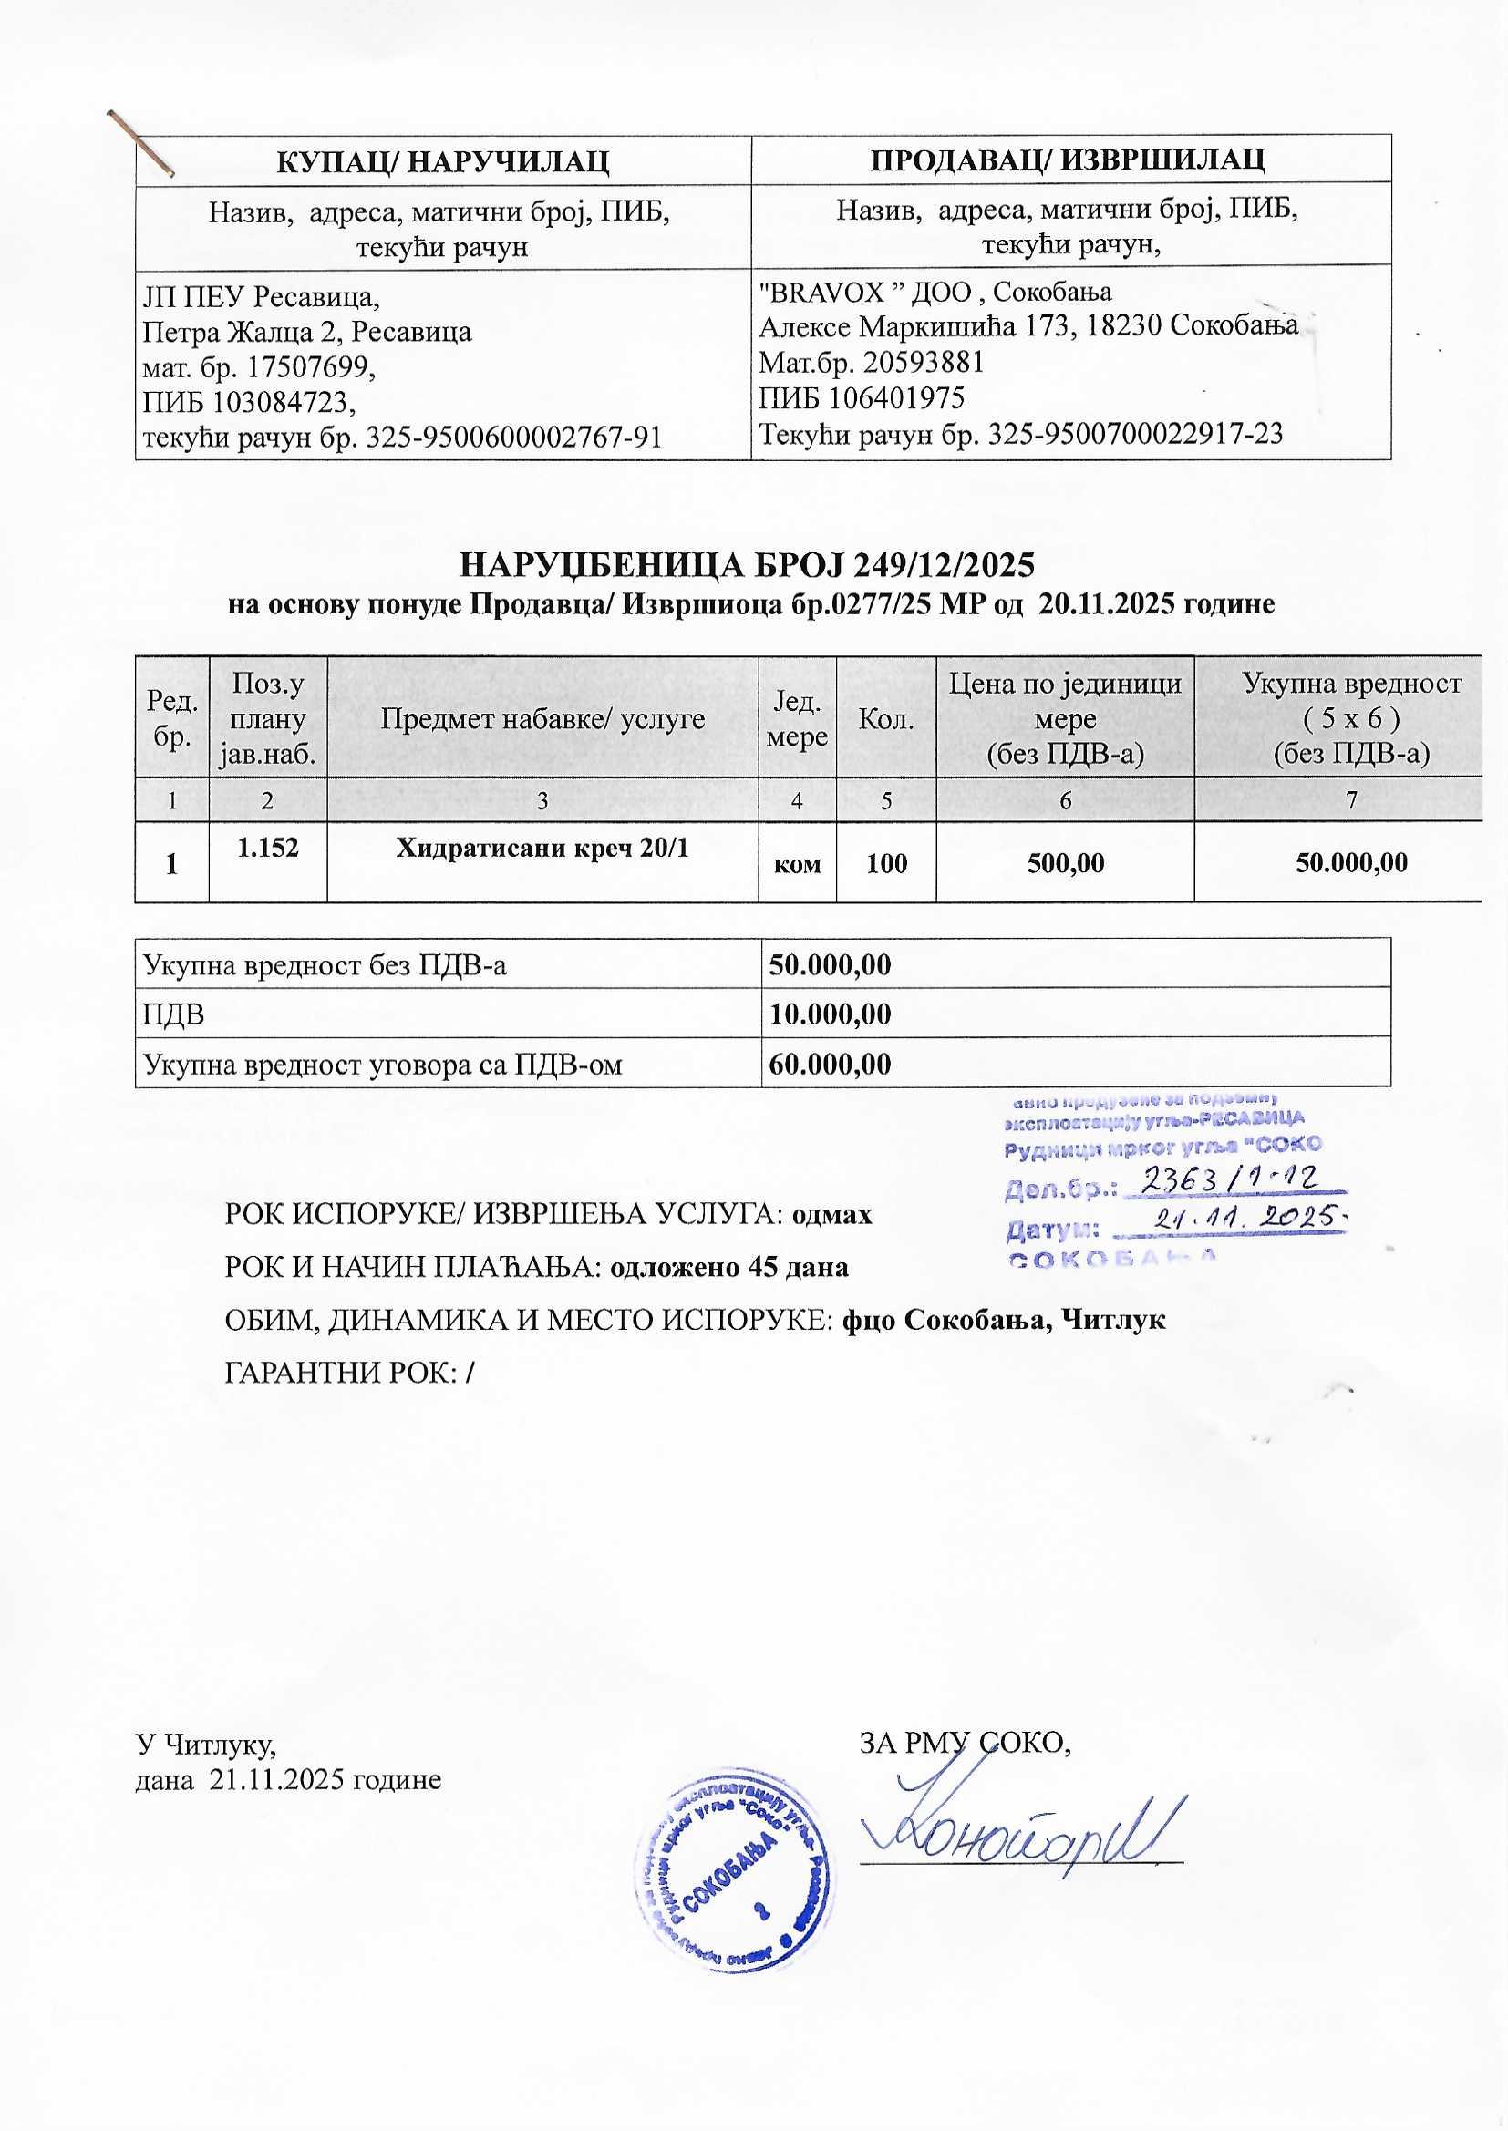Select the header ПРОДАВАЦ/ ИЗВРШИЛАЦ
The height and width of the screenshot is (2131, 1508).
1069,159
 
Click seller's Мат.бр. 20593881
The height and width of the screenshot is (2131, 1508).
923,362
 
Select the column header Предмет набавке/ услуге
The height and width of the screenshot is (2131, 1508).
542,718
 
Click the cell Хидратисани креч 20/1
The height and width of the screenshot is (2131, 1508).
542,848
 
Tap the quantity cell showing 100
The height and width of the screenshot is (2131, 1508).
886,863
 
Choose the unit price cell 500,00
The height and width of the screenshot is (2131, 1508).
1065,863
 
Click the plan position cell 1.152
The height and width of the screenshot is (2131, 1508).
267,847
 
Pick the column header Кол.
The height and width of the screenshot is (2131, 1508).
886,718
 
